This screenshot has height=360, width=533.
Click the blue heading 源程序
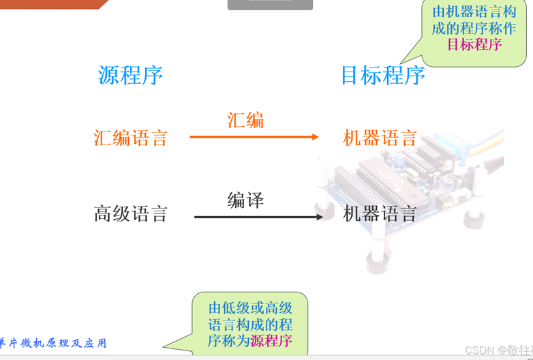pyautogui.click(x=131, y=75)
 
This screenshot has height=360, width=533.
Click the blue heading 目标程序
pyautogui.click(x=382, y=75)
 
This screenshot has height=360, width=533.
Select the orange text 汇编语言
pyautogui.click(x=130, y=138)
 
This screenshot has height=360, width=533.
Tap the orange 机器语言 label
pyautogui.click(x=380, y=138)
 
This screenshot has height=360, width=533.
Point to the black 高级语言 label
pyautogui.click(x=130, y=214)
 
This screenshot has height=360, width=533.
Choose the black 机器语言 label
pyautogui.click(x=380, y=214)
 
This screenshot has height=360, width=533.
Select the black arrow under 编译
pyautogui.click(x=258, y=217)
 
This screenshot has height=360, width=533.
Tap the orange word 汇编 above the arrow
pyautogui.click(x=245, y=121)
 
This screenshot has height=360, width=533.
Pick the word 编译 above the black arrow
pyautogui.click(x=245, y=200)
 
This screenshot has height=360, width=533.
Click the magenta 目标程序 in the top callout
pyautogui.click(x=474, y=45)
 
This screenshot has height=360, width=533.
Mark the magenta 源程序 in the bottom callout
pyautogui.click(x=271, y=340)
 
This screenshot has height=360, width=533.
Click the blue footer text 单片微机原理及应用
pyautogui.click(x=53, y=343)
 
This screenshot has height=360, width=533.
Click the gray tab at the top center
pyautogui.click(x=270, y=5)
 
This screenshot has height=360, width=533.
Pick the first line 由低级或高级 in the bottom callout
pyautogui.click(x=251, y=307)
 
